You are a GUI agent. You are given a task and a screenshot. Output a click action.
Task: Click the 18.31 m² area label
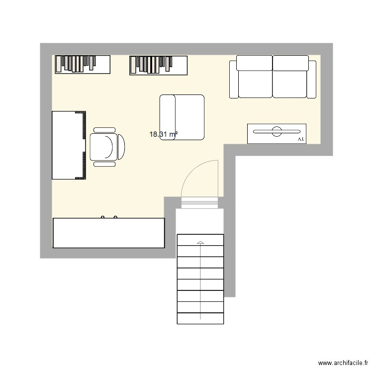click(164, 134)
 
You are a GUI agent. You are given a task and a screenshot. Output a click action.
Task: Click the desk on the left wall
click(67, 145)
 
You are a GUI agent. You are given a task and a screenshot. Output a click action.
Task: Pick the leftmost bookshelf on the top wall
click(83, 65)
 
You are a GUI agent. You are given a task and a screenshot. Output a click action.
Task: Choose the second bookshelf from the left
click(159, 65)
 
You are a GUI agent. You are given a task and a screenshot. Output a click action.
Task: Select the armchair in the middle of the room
click(182, 117)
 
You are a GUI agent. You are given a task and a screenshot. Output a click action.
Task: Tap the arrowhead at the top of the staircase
click(200, 242)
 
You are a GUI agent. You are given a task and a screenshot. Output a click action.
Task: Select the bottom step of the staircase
click(200, 318)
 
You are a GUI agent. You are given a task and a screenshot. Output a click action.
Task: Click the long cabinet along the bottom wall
click(108, 233)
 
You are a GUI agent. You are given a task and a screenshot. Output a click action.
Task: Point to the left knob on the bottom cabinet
click(103, 217)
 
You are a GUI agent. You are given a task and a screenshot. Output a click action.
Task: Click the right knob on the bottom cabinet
click(115, 217)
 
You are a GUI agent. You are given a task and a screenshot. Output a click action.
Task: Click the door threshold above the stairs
click(200, 202)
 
